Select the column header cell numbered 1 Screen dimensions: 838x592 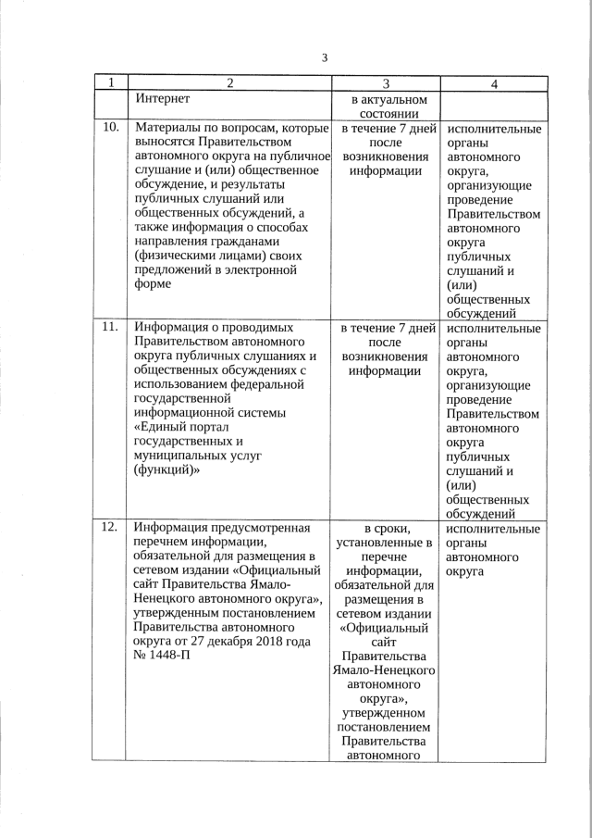point(110,83)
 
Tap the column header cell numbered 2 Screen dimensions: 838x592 point(229,83)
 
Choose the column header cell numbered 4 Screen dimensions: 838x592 point(494,83)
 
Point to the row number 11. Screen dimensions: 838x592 point(110,327)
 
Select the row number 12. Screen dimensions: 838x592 point(110,528)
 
